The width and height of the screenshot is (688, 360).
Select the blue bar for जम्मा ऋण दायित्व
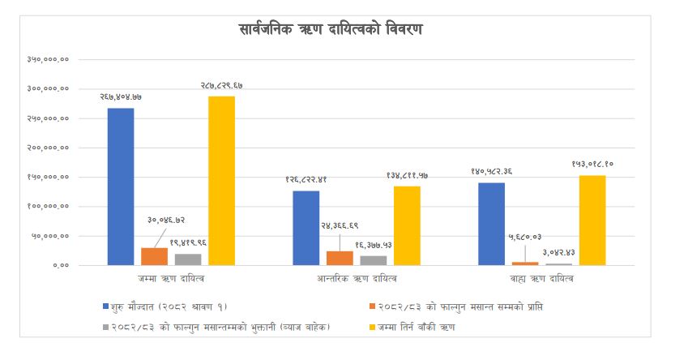click(121, 186)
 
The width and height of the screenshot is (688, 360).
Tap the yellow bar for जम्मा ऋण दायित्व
click(220, 180)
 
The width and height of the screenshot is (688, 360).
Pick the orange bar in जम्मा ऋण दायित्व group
click(154, 256)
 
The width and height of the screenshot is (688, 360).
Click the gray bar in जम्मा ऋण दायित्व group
click(188, 259)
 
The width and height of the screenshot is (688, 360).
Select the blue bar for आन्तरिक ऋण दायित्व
click(306, 228)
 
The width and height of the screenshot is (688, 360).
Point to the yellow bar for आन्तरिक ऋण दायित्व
click(407, 225)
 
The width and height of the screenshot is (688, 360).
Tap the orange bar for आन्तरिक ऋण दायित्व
click(340, 258)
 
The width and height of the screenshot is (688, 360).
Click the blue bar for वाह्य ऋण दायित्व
click(492, 224)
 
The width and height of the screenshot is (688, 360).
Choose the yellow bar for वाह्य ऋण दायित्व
click(592, 220)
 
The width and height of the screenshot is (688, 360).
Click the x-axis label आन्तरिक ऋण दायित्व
click(357, 279)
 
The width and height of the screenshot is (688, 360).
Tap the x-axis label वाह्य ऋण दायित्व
click(542, 279)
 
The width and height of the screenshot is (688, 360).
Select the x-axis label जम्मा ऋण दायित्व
click(171, 279)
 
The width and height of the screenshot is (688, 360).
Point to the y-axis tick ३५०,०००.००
click(48, 59)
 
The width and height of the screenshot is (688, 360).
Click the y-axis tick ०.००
click(60, 265)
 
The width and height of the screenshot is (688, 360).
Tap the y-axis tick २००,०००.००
click(48, 148)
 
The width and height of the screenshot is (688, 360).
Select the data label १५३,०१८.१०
click(592, 164)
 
